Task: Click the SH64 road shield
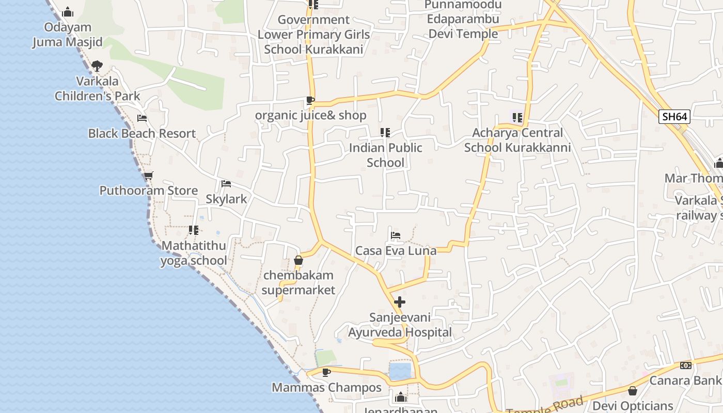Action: (674, 117)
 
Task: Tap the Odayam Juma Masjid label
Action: (68, 35)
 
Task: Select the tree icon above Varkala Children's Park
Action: (97, 66)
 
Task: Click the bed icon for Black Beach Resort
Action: (142, 118)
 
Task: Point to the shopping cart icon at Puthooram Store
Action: (148, 176)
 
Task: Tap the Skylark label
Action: (226, 199)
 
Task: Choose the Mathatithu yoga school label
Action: (194, 253)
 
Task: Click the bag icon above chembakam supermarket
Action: (298, 260)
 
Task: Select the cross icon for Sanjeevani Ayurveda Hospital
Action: (400, 302)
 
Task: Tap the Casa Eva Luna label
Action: (396, 251)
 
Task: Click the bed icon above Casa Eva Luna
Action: (396, 235)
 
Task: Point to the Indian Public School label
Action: (385, 155)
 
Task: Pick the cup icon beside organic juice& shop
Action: (310, 100)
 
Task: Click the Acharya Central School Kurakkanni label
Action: (517, 140)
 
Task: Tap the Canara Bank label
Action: (685, 380)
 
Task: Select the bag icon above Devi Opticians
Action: (633, 391)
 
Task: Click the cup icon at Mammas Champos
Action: (326, 372)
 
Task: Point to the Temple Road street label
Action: (545, 406)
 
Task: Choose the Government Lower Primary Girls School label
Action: (314, 35)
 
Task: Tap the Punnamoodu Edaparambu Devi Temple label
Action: (463, 20)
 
